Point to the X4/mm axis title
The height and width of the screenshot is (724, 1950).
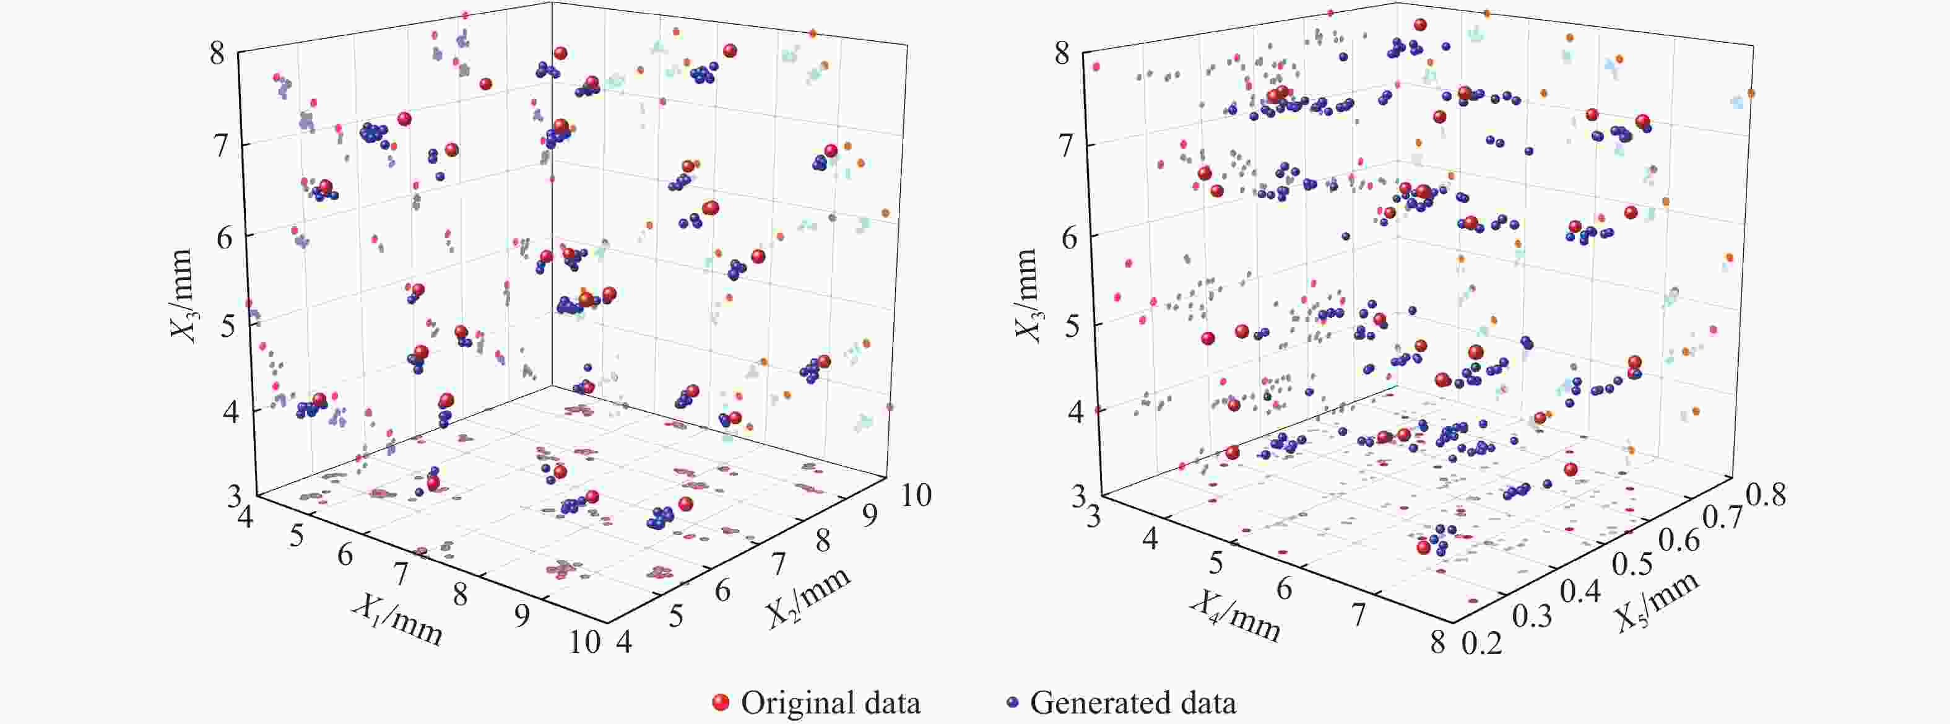(1234, 616)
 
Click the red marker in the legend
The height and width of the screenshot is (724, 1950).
(721, 703)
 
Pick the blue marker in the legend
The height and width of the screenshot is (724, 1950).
(1012, 703)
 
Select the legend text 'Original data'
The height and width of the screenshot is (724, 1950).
(830, 703)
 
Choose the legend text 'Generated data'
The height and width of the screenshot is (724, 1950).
(1133, 703)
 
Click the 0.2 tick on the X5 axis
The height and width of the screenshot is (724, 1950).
(1481, 643)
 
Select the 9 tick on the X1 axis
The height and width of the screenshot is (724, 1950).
(522, 616)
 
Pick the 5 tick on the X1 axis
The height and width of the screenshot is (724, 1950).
(296, 536)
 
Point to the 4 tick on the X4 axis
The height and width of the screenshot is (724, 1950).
(1149, 538)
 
